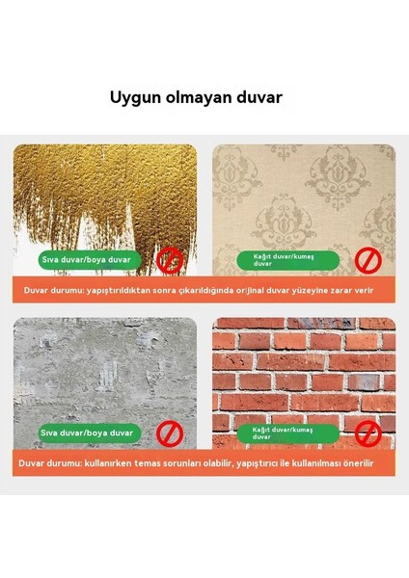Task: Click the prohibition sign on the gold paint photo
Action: click(172, 259)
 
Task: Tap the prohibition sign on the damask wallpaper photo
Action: click(368, 259)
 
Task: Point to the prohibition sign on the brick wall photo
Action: click(368, 433)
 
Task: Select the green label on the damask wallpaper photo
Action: click(287, 260)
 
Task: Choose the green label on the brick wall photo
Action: click(287, 433)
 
